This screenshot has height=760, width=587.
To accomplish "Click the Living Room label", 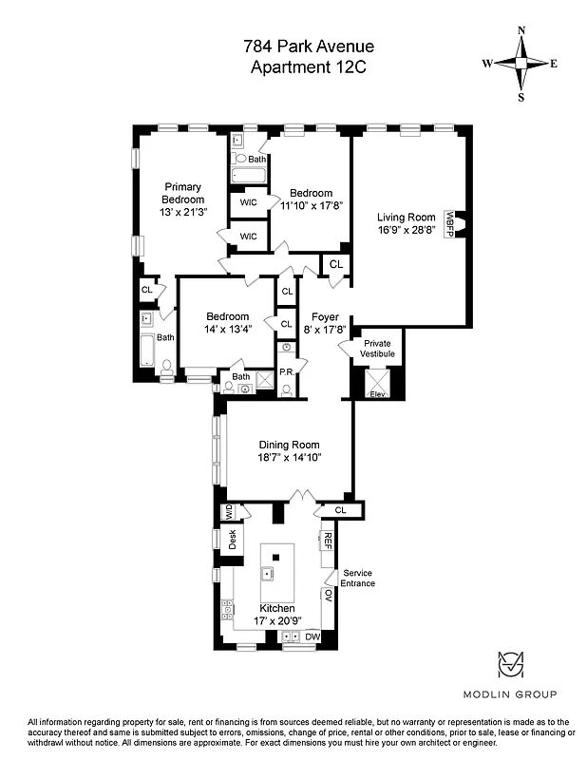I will [406, 218].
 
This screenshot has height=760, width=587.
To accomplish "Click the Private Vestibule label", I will [377, 349].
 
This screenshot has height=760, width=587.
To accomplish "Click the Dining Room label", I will [290, 445].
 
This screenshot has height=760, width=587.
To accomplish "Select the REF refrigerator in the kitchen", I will [328, 541].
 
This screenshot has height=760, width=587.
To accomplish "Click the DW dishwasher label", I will [312, 636].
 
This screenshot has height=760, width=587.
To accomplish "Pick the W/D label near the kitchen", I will [229, 512].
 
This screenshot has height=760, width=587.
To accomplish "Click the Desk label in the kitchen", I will [231, 540].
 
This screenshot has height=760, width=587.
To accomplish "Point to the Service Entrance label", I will [358, 578].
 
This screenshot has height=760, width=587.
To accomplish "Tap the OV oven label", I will [328, 596].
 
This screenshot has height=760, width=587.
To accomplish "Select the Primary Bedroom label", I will [182, 194].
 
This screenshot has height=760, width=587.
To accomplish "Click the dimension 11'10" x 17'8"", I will [311, 203].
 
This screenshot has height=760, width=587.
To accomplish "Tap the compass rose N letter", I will [521, 30].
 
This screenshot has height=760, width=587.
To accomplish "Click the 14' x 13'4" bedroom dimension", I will [228, 330].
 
